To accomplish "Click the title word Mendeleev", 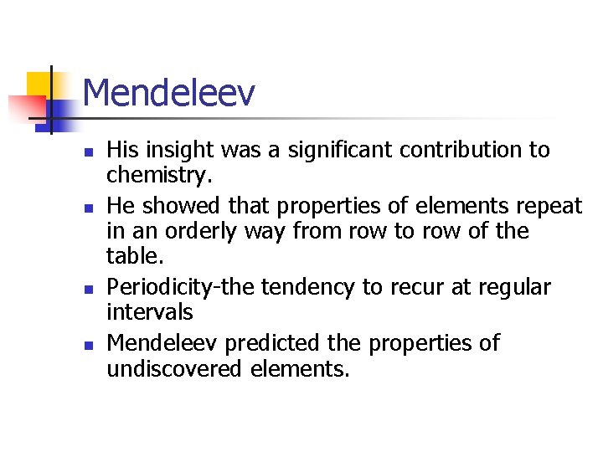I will coord(168,93).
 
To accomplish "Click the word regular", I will coord(513,288).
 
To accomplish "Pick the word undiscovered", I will coord(175,369).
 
